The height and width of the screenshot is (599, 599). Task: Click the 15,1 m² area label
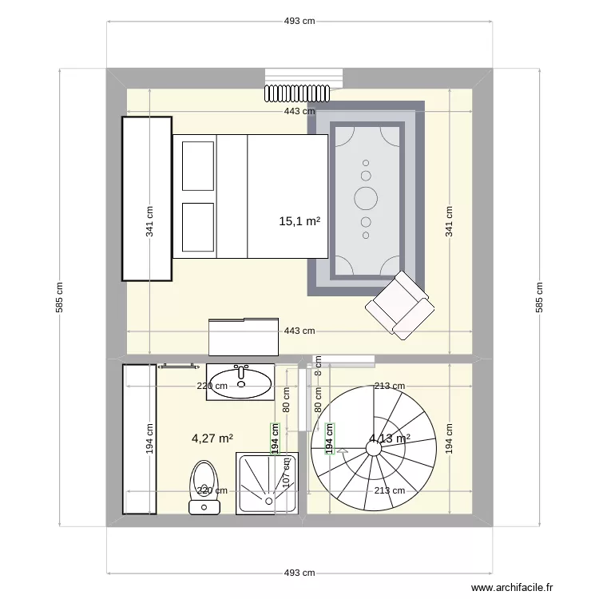(x=299, y=221)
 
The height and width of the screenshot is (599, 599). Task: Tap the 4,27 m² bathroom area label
(x=212, y=438)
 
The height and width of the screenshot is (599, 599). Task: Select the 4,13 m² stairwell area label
(x=390, y=438)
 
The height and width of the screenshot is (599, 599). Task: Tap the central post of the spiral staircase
(x=373, y=449)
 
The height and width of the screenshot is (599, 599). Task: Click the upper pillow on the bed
(x=198, y=166)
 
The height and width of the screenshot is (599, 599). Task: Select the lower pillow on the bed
(x=198, y=227)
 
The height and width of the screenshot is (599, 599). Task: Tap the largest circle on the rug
(x=366, y=196)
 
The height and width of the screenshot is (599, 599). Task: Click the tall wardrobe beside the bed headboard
(x=147, y=199)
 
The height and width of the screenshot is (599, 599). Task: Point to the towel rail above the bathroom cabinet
(x=179, y=366)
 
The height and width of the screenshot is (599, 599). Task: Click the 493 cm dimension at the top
(x=299, y=22)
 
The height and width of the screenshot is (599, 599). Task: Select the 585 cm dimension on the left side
(x=60, y=297)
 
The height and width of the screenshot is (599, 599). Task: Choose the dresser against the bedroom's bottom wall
(x=244, y=336)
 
